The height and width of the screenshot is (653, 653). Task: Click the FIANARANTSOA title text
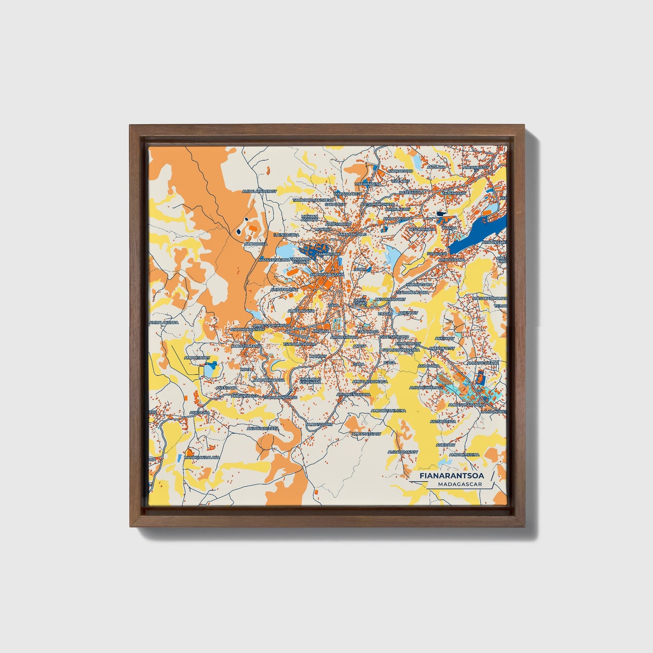[451, 476]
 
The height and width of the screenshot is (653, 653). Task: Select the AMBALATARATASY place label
[259, 191]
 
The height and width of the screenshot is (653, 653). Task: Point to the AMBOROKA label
[256, 244]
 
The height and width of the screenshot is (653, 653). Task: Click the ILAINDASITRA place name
[286, 235]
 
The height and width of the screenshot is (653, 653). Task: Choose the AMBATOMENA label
[284, 289]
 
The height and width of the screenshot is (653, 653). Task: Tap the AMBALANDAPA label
[164, 323]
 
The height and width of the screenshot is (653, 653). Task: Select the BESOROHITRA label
[422, 229]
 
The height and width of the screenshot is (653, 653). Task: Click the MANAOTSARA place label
[419, 285]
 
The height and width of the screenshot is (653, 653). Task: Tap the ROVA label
[245, 369]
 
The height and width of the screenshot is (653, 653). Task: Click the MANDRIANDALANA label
[202, 457]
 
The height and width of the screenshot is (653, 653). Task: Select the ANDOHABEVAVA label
[263, 428]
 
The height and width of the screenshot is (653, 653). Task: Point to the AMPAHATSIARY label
[366, 433]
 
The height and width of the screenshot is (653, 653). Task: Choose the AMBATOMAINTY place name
[403, 452]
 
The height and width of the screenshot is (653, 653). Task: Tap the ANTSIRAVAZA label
[443, 421]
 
